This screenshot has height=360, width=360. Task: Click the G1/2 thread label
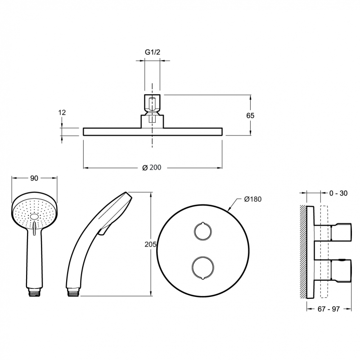(x=153, y=52)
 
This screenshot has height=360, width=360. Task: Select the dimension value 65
(x=250, y=116)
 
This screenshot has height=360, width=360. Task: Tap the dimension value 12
(x=62, y=112)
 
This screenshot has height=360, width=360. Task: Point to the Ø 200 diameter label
(x=152, y=167)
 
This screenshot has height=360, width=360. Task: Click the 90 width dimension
(x=34, y=178)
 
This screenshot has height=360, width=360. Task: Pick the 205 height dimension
(x=150, y=244)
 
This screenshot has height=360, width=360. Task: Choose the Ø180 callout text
(x=253, y=199)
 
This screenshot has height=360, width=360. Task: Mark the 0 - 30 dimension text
(x=338, y=193)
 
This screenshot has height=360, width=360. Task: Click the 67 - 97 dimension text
(x=328, y=309)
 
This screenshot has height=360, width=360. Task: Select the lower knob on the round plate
(x=203, y=268)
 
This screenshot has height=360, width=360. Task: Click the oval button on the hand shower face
(x=34, y=217)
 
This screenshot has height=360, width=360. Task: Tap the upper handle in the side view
(x=341, y=232)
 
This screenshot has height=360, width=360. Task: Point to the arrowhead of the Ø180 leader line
(x=228, y=209)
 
